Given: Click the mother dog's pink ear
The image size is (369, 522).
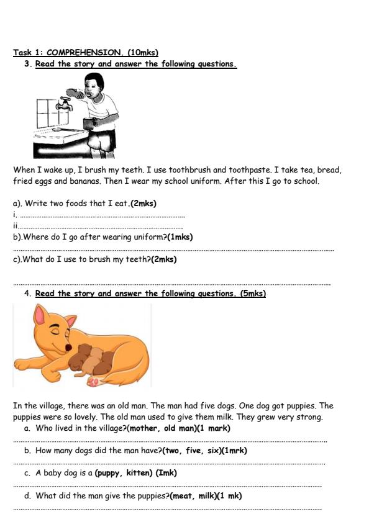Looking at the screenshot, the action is coord(41,317).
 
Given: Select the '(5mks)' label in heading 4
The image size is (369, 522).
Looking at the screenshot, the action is coord(253,294).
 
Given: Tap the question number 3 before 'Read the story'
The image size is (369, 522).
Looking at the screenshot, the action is coord(27,64).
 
